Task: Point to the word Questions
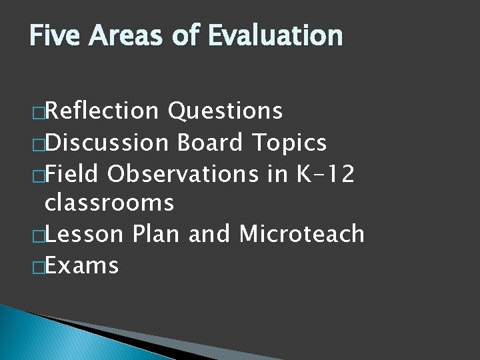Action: click(x=225, y=111)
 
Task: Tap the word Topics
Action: click(x=289, y=142)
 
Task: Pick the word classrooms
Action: click(x=109, y=203)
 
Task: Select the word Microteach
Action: click(x=301, y=234)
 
